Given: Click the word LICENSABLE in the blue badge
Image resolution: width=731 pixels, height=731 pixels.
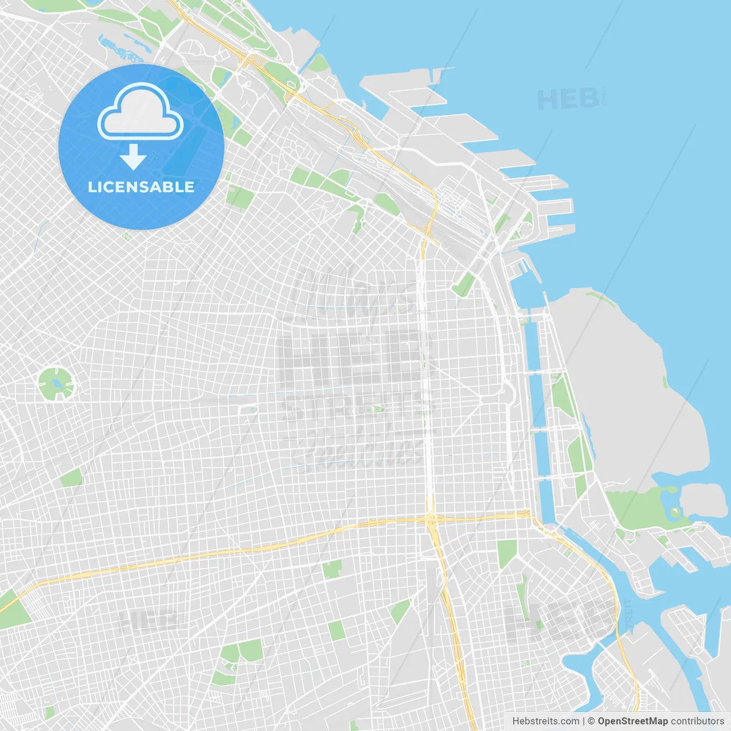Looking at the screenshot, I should [x=141, y=187].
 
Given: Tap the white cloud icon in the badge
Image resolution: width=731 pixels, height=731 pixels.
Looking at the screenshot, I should [x=140, y=111].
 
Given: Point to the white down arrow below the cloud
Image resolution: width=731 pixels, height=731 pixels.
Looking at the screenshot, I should [x=134, y=157].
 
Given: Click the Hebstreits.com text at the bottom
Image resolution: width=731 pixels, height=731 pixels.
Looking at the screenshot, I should [x=545, y=721].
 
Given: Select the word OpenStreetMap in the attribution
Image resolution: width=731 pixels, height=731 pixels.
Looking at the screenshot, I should [x=632, y=721].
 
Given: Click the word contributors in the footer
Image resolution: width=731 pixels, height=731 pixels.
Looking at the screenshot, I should [x=697, y=721].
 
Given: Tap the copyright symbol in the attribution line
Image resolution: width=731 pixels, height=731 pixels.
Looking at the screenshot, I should [x=591, y=721].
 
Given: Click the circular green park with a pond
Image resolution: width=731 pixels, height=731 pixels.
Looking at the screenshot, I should [x=56, y=383].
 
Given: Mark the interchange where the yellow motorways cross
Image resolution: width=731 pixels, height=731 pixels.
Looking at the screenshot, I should [x=431, y=520].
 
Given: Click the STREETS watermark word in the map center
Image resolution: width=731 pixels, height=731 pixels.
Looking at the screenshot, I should [x=357, y=407].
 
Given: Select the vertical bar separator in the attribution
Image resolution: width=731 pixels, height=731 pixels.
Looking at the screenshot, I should [x=584, y=721].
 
